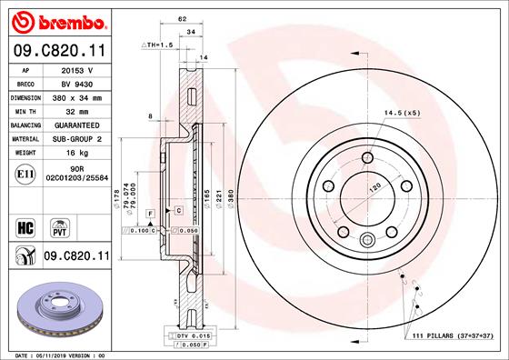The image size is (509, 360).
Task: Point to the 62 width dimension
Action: (x=183, y=18)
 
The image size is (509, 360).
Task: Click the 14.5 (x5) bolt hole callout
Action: (x=400, y=113)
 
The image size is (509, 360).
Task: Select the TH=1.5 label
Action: (x=158, y=45)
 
